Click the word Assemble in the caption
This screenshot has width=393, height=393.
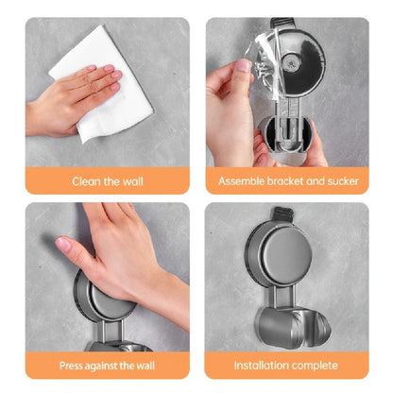tap(242, 180)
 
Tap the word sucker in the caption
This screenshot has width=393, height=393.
tap(342, 180)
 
